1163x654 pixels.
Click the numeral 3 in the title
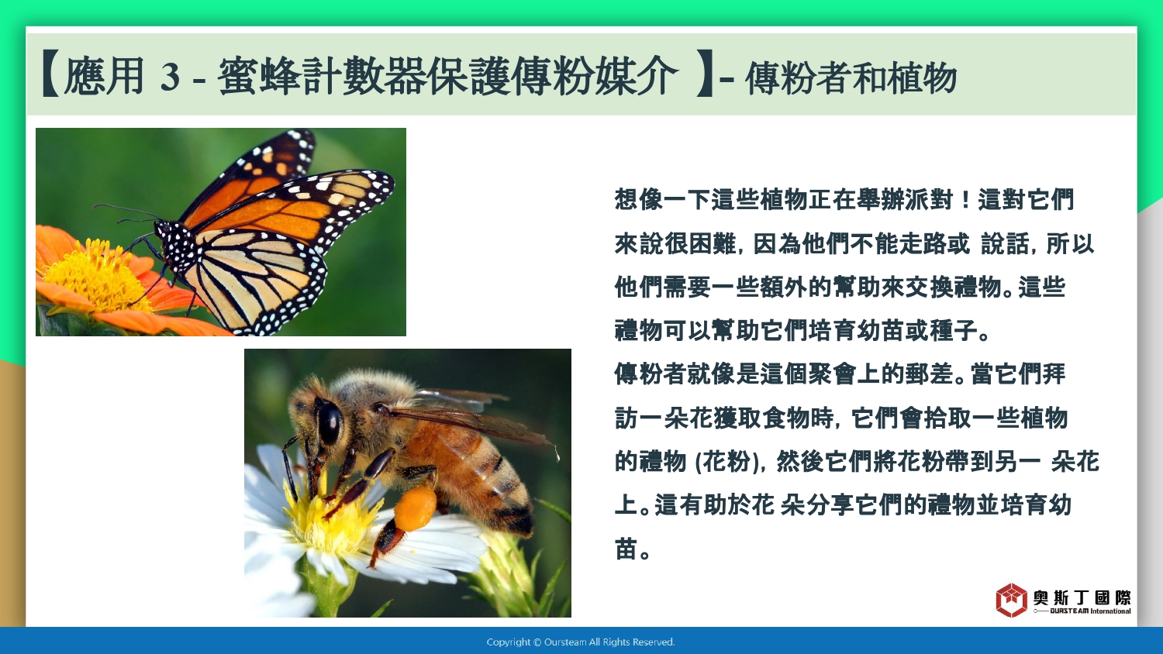pos(171,77)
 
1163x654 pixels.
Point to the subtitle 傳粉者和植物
pos(851,77)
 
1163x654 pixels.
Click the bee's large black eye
pos(329,422)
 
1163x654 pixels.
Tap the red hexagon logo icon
pos(1011,600)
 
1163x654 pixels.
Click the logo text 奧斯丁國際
pos(1082,597)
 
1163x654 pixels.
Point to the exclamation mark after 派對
pos(965,199)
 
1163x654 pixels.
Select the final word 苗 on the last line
pos(626,549)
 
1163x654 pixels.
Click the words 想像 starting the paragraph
pos(639,199)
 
